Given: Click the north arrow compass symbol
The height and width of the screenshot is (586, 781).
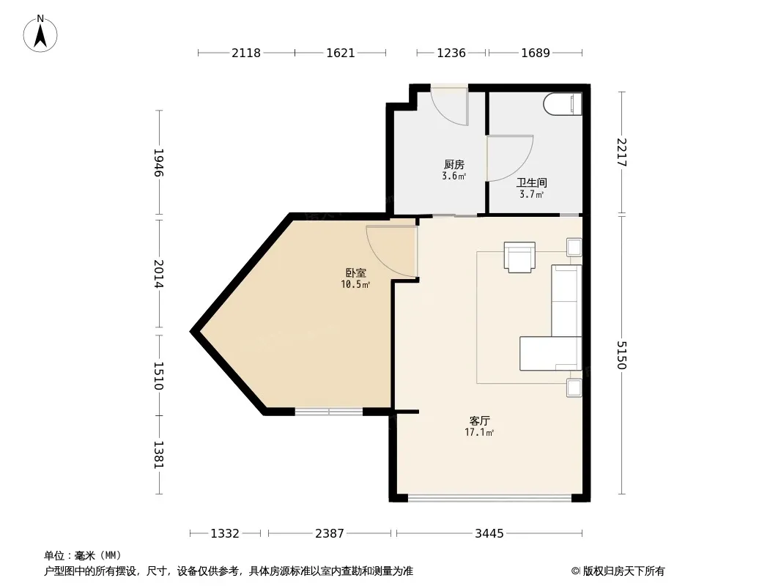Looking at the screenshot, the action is pos(40,34).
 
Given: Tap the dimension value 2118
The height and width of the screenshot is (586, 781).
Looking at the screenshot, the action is pos(246,53).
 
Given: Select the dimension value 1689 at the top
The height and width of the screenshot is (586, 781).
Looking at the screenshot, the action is pos(536,53).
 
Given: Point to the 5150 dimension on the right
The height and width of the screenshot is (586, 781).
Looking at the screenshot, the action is pos(621,355).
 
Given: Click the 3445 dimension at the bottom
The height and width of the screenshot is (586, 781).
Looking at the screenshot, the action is pos(489,534).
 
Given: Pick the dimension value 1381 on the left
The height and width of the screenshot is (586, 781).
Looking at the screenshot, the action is pos(158,455).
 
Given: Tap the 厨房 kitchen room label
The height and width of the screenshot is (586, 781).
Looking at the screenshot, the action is pos(454,164).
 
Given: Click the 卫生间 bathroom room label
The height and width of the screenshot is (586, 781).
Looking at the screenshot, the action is pos(531,182).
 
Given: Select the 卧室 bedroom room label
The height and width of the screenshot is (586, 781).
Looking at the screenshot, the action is pos(355,272).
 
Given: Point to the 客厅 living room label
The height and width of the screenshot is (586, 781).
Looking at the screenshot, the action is pos(480,420).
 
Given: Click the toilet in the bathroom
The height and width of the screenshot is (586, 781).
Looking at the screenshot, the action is pos(563,105).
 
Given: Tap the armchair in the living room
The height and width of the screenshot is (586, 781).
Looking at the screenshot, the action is pos(519,257).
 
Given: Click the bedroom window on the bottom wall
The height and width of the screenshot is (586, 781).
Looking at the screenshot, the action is pos(329,412).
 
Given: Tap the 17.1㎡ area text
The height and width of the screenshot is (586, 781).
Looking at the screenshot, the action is pos(479,433).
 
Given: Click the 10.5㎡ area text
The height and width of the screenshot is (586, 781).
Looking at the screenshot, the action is pos(355,285).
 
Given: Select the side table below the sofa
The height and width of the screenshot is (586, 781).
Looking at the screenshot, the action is pos(574,387).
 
